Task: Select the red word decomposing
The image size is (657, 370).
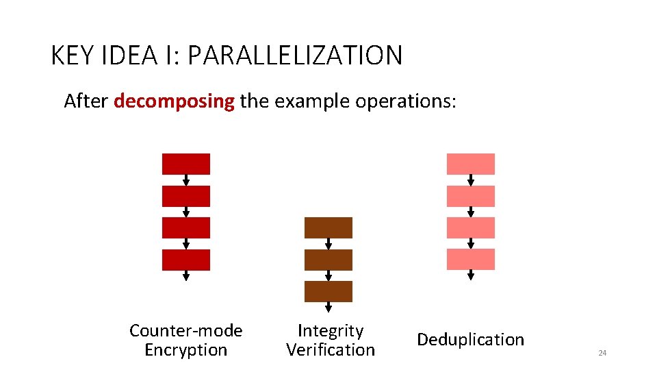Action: click(x=174, y=101)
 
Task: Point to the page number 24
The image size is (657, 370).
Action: click(x=602, y=353)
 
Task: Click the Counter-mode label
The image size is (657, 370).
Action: click(x=185, y=331)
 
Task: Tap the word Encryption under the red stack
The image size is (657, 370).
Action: click(x=185, y=349)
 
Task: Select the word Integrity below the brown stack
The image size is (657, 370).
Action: click(x=331, y=331)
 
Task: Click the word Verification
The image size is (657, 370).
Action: click(x=331, y=349)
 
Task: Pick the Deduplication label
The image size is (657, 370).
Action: click(x=470, y=339)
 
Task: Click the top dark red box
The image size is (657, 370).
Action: click(x=185, y=164)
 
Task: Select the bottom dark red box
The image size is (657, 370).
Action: click(x=185, y=260)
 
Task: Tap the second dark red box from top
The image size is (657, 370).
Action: click(x=185, y=196)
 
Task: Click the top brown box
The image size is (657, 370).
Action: click(x=328, y=227)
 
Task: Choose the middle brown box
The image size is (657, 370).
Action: click(x=328, y=260)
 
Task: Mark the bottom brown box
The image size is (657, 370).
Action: click(x=328, y=291)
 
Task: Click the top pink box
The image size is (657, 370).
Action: click(x=470, y=164)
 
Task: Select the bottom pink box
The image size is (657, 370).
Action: click(x=470, y=259)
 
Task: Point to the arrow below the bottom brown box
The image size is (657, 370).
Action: click(x=328, y=308)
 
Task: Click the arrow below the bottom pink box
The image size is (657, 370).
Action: click(x=471, y=275)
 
